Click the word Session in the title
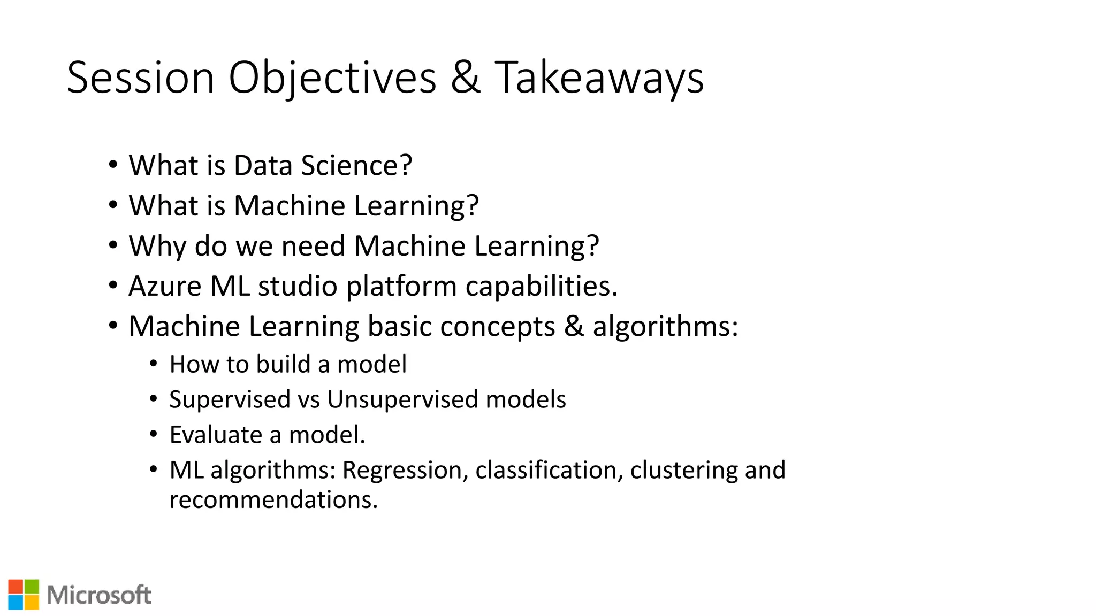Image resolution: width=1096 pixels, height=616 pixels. click(140, 78)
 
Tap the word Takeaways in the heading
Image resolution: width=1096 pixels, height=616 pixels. click(599, 78)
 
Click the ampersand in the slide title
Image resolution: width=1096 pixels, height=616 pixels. click(465, 78)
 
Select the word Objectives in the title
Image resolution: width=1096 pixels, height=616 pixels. click(332, 78)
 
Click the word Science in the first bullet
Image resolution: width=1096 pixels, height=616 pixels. click(356, 165)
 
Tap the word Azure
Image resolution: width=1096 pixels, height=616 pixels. click(165, 286)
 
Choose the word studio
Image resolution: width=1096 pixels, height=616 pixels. click(298, 286)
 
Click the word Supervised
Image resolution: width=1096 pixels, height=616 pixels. click(230, 400)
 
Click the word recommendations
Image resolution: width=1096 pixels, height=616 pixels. click(273, 500)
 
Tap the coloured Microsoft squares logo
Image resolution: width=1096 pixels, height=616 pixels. click(24, 595)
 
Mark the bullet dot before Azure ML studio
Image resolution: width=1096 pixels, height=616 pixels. click(112, 285)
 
